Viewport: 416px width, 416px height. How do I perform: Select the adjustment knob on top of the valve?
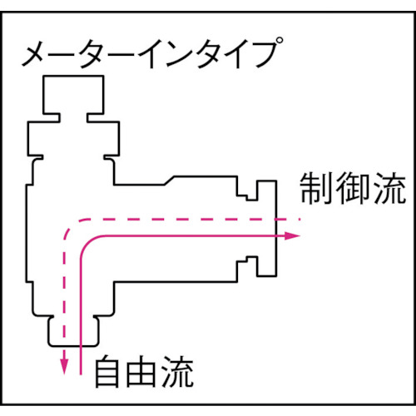(x=72, y=93)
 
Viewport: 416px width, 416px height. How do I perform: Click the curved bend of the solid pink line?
(x=88, y=246)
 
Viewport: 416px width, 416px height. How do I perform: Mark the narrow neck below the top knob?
(x=72, y=116)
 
